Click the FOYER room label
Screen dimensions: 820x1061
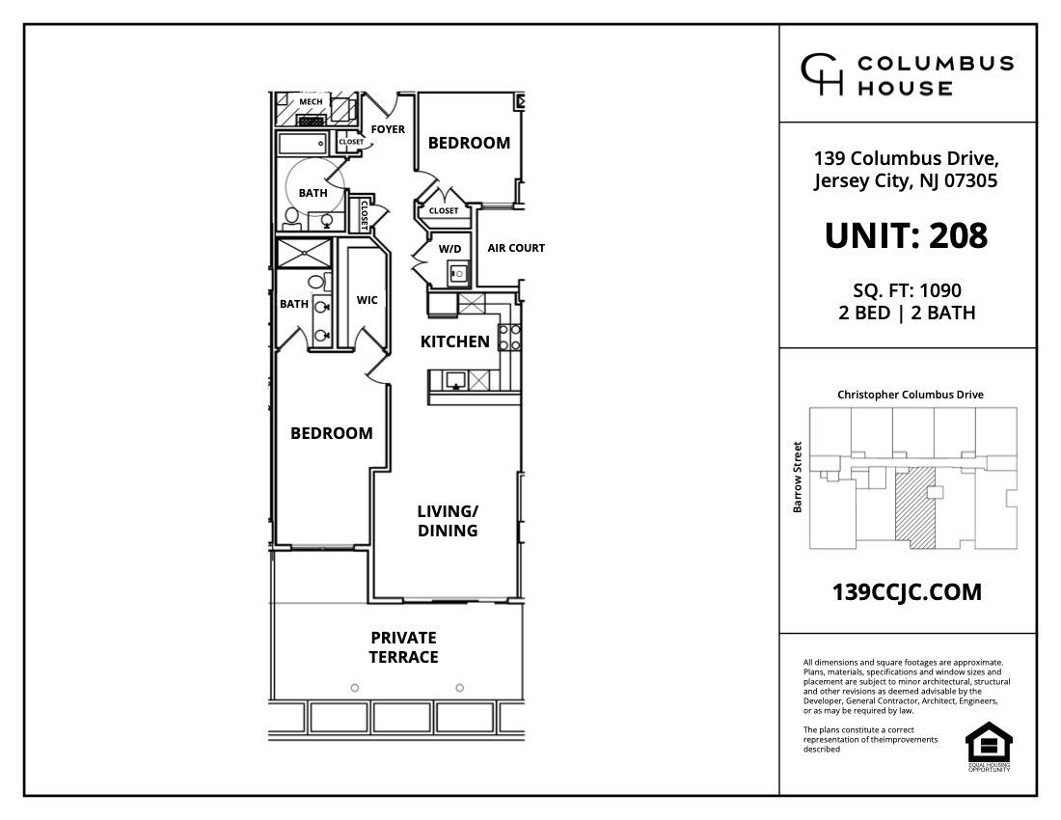click(388, 129)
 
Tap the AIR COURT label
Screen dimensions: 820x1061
click(516, 248)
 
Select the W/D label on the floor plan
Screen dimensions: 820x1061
click(450, 249)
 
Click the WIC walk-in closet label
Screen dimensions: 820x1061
click(367, 300)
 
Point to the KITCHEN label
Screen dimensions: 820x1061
click(454, 342)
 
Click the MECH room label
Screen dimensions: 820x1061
click(311, 102)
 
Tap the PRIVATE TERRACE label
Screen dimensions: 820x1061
click(403, 647)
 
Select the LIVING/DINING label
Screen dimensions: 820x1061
click(448, 521)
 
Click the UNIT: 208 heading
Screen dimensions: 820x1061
click(906, 235)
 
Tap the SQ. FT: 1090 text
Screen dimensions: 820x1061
click(907, 289)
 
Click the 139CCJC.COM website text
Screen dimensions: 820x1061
click(907, 592)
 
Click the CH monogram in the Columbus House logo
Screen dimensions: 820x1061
click(822, 75)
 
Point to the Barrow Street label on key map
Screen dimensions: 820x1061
click(798, 478)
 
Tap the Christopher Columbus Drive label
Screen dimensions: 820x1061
click(910, 395)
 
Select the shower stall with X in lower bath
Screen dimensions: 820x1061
click(304, 254)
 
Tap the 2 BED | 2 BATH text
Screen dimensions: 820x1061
click(907, 313)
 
